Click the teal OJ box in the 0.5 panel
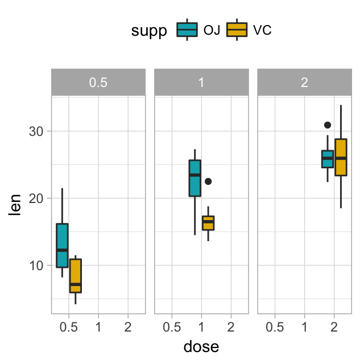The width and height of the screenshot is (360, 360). pyautogui.click(x=62, y=245)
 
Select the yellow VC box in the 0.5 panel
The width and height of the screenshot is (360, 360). pyautogui.click(x=76, y=276)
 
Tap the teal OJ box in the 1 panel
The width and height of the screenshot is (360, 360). pyautogui.click(x=195, y=178)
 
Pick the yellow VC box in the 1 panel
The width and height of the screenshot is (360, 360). pyautogui.click(x=208, y=223)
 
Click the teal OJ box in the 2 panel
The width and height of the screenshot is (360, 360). pyautogui.click(x=328, y=159)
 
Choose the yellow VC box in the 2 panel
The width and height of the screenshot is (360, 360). pyautogui.click(x=341, y=157)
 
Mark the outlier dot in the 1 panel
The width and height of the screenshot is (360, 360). pyautogui.click(x=208, y=181)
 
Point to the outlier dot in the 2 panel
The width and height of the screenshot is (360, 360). pyautogui.click(x=328, y=125)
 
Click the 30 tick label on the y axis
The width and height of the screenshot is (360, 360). pyautogui.click(x=36, y=131)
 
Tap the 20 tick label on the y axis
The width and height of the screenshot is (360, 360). pyautogui.click(x=36, y=198)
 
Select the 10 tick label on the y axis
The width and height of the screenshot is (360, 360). pyautogui.click(x=36, y=266)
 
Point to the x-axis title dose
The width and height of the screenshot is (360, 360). pyautogui.click(x=201, y=346)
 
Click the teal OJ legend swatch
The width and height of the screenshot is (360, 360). pyautogui.click(x=187, y=30)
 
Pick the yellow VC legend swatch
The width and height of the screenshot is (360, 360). pyautogui.click(x=237, y=30)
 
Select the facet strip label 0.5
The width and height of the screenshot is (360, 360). pyautogui.click(x=98, y=82)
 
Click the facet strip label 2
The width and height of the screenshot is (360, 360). pyautogui.click(x=304, y=82)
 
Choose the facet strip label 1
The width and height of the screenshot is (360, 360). pyautogui.click(x=201, y=82)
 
